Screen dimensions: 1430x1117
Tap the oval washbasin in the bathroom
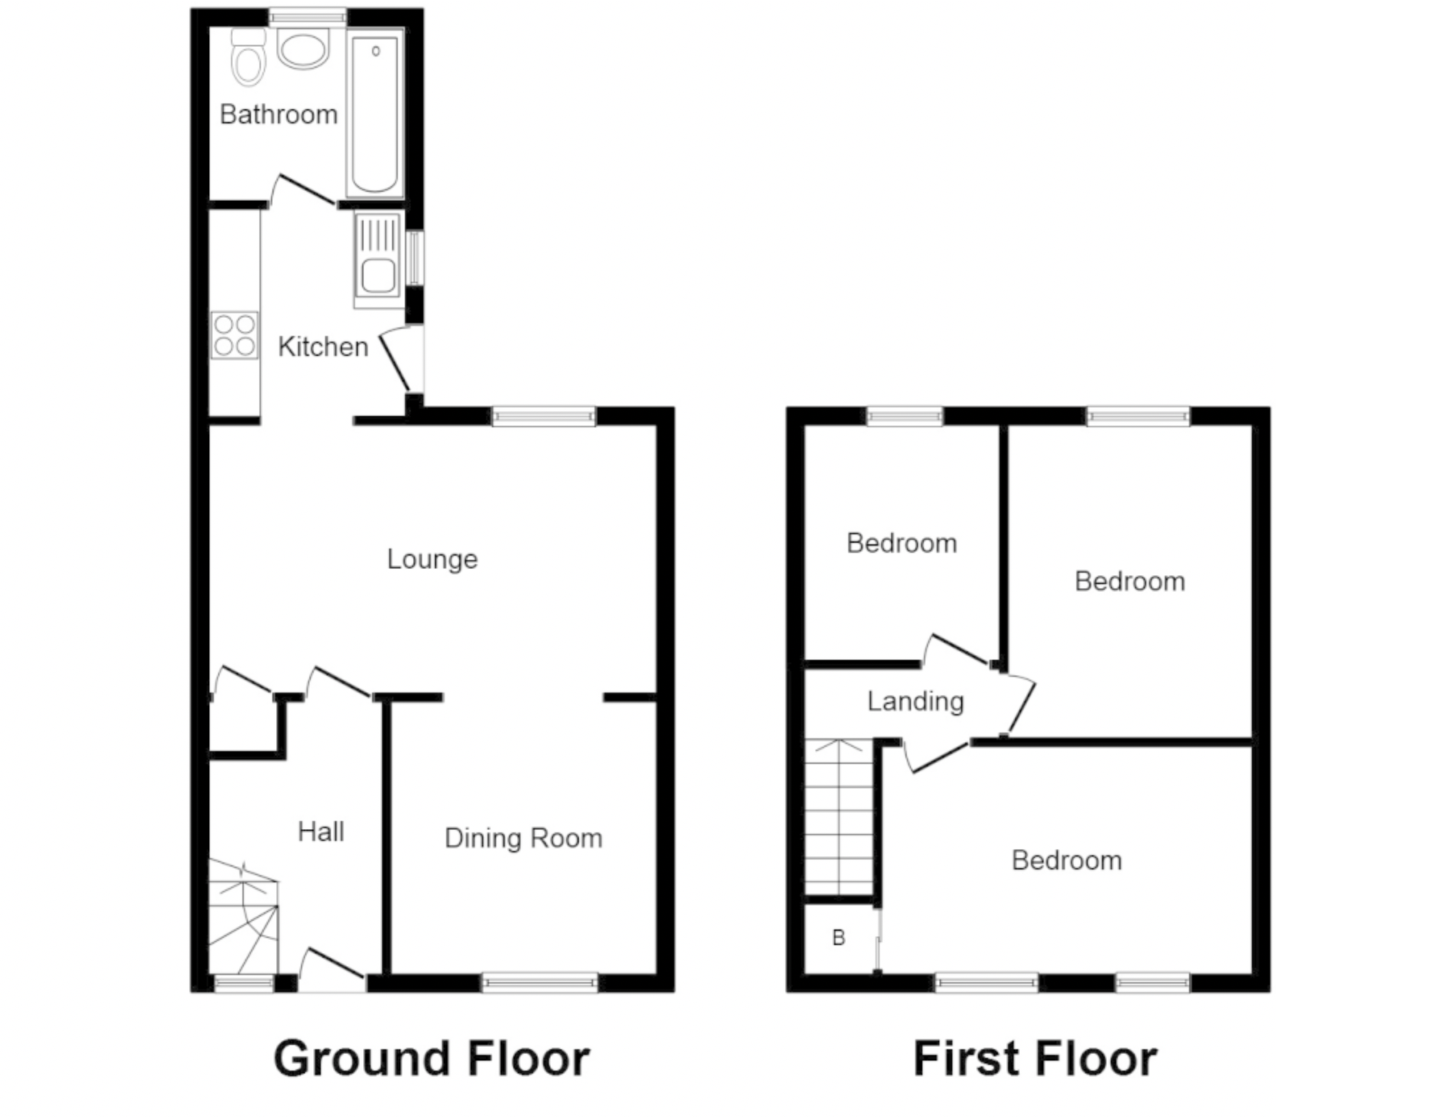(x=303, y=49)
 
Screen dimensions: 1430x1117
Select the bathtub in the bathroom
(x=375, y=113)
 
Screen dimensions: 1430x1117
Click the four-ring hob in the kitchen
(x=235, y=335)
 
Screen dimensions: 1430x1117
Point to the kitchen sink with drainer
(x=378, y=260)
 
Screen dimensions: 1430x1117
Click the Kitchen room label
(x=323, y=347)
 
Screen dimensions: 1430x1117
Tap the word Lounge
(x=432, y=559)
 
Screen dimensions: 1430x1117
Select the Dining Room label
(x=523, y=838)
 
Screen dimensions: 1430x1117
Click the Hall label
(x=321, y=832)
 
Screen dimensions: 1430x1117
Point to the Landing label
(x=915, y=702)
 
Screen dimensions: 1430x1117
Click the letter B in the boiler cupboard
(x=838, y=937)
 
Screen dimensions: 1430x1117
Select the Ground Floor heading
(x=431, y=1059)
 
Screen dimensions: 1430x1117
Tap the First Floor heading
(x=1035, y=1059)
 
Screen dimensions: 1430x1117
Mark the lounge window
(x=544, y=417)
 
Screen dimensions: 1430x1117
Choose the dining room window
(x=540, y=983)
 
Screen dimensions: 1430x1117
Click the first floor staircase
(x=839, y=817)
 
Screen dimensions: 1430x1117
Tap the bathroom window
(x=308, y=17)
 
